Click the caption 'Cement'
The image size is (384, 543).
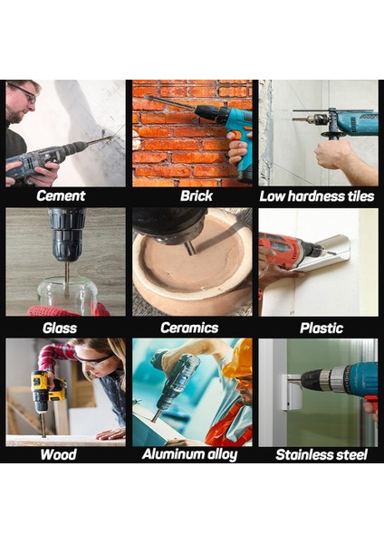[x=61, y=195]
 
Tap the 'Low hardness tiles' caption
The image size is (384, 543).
[x=317, y=195]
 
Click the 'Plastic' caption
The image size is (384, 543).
[x=317, y=328]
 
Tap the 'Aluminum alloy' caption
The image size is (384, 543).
[x=190, y=454]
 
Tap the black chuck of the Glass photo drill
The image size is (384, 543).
[x=67, y=234]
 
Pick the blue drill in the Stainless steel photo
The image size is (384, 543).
[x=344, y=378]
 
